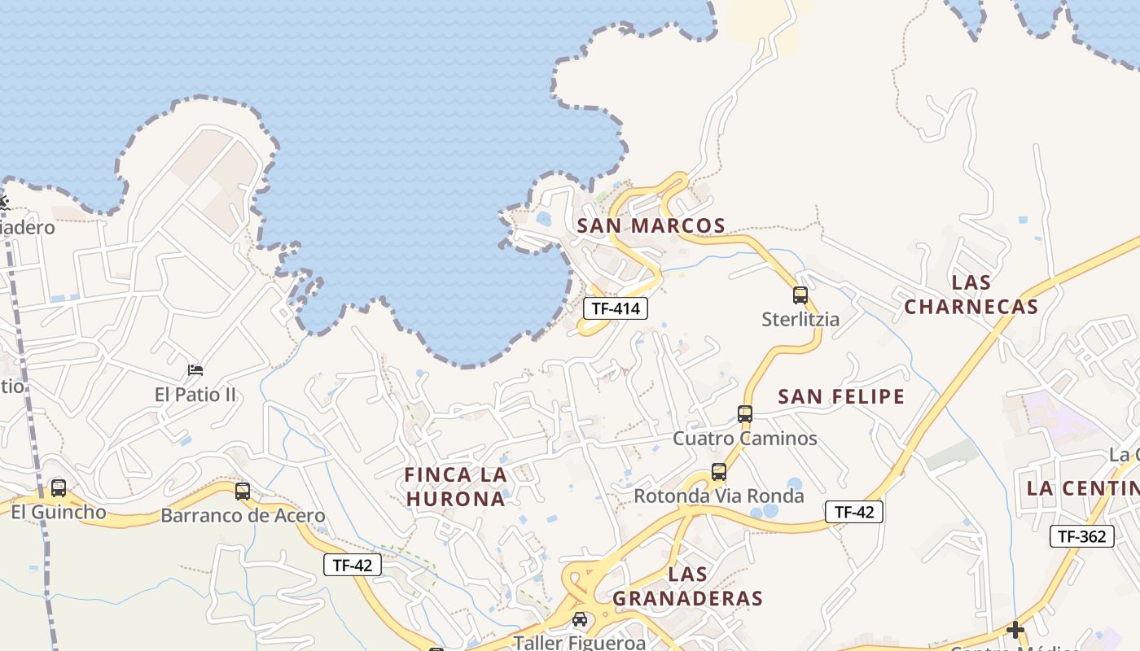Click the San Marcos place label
(x=651, y=225)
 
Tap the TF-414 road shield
(x=616, y=308)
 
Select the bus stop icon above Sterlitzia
(x=800, y=295)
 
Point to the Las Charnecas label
(x=971, y=295)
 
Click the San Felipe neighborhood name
(x=841, y=396)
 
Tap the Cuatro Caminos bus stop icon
(x=745, y=414)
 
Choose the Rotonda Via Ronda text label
(x=718, y=496)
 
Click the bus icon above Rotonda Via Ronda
(x=719, y=472)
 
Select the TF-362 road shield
(x=1081, y=536)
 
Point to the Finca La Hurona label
(x=456, y=487)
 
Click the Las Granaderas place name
(x=687, y=586)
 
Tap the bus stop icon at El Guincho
(x=59, y=488)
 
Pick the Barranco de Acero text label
(x=243, y=515)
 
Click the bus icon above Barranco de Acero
(x=243, y=492)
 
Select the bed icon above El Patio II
(x=195, y=370)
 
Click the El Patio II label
(x=195, y=395)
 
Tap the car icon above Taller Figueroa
(x=580, y=620)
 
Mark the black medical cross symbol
(x=1015, y=630)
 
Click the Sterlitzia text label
(x=800, y=319)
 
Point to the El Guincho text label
(x=59, y=512)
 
